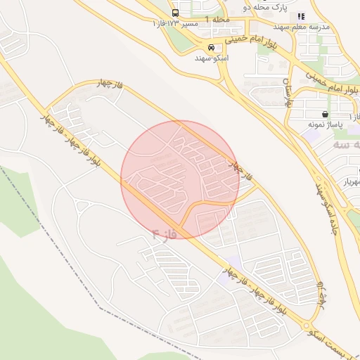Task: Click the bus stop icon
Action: pyautogui.click(x=175, y=13)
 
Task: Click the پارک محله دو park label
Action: pyautogui.click(x=257, y=7)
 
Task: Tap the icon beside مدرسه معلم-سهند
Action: pyautogui.click(x=301, y=16)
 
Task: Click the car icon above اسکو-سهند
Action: pyautogui.click(x=211, y=47)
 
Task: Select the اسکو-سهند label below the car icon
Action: pyautogui.click(x=211, y=58)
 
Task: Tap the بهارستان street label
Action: pyautogui.click(x=288, y=94)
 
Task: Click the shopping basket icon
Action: pyautogui.click(x=324, y=114)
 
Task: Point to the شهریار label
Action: pyautogui.click(x=346, y=181)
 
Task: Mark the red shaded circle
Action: pyautogui.click(x=180, y=179)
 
